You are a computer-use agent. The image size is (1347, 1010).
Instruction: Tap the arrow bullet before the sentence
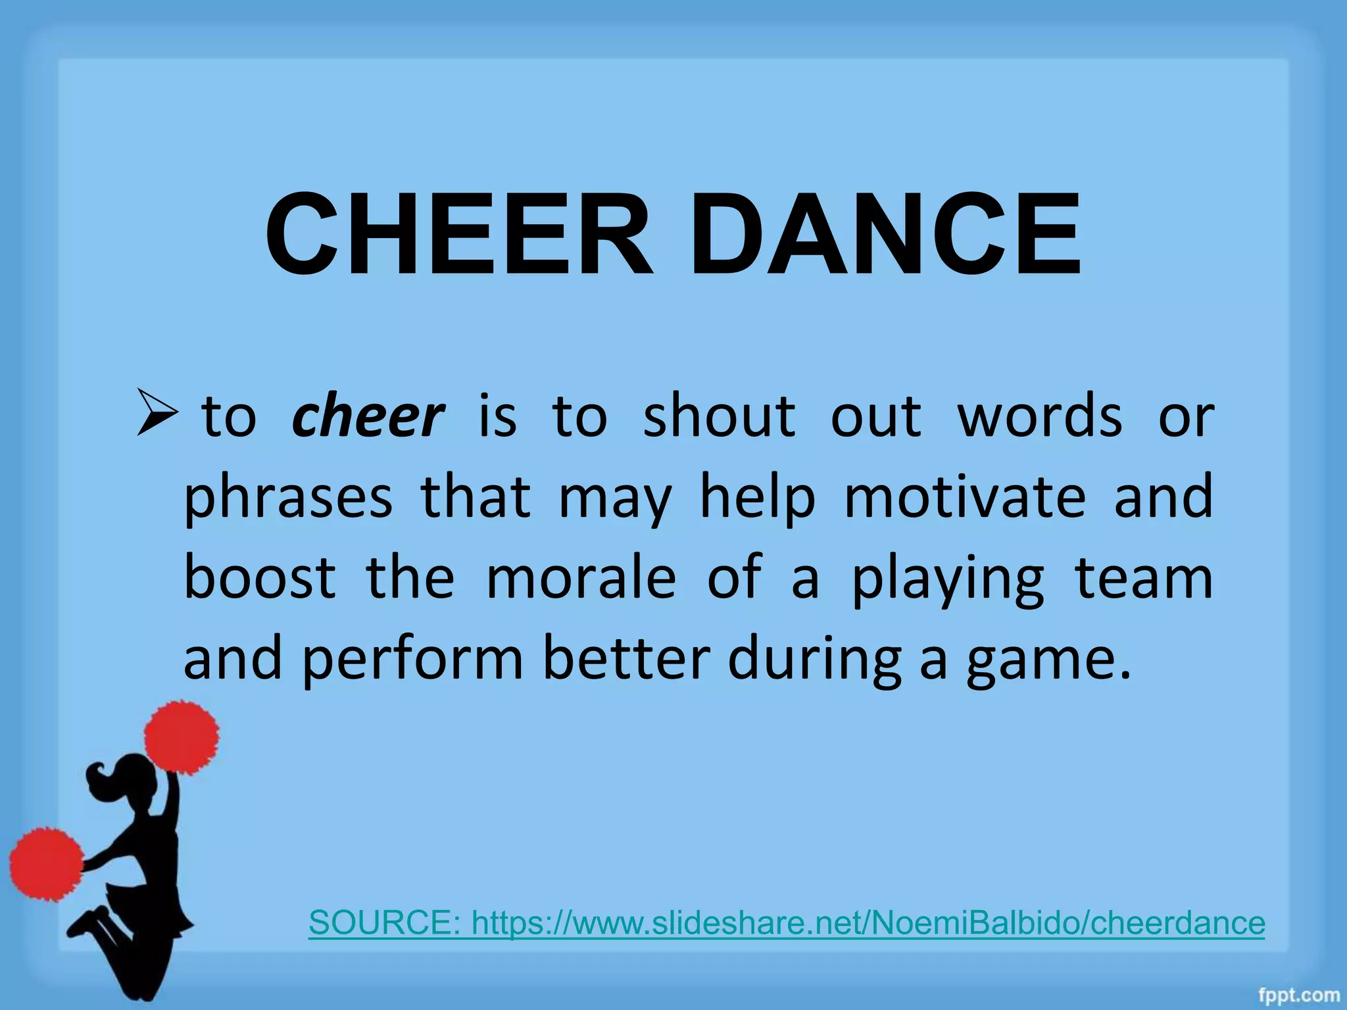[x=157, y=413]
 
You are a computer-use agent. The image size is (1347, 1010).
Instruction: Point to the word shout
[x=719, y=416]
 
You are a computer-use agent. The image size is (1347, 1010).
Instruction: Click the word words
[x=1039, y=417]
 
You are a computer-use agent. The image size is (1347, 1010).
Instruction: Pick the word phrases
[x=288, y=498]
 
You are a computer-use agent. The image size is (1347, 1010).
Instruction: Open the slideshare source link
[x=787, y=923]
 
